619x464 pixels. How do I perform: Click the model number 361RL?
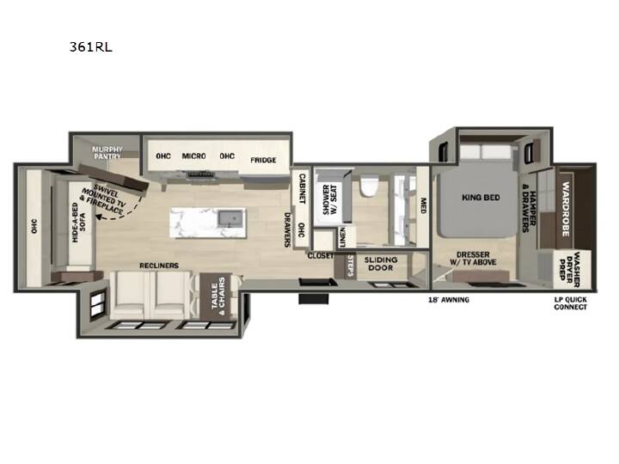[91, 47]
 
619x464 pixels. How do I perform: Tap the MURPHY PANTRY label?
[107, 153]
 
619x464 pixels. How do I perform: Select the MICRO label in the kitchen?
[193, 156]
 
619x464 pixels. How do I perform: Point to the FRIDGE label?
[263, 160]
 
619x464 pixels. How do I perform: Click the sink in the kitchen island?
[231, 218]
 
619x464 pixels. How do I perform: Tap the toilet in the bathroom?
[370, 186]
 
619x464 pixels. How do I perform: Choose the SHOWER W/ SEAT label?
[330, 199]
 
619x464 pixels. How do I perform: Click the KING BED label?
[481, 198]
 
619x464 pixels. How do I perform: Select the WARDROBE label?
[566, 209]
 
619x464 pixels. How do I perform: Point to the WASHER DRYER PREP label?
[569, 270]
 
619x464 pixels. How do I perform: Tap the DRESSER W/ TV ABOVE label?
[473, 259]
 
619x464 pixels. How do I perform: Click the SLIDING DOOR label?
[381, 264]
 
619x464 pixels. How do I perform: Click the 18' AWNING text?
[449, 300]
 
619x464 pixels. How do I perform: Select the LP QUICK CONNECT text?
[571, 303]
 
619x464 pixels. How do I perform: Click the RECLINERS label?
[159, 266]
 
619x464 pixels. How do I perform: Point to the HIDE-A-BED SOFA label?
[78, 223]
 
